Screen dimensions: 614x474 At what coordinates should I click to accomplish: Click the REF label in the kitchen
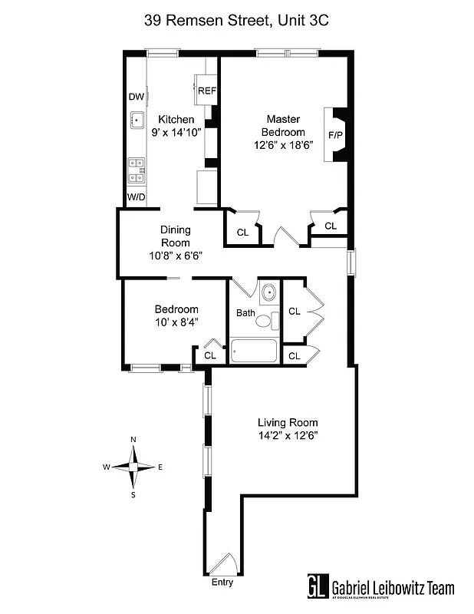click(x=207, y=91)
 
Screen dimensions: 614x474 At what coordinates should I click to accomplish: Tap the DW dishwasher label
click(x=136, y=97)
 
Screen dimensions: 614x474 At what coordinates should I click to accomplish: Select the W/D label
click(x=136, y=197)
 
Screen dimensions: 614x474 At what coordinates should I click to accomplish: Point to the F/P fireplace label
click(x=335, y=135)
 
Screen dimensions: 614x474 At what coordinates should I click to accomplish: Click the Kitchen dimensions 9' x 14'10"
click(x=176, y=133)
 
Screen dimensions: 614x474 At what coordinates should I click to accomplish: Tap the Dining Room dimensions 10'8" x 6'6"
click(x=176, y=256)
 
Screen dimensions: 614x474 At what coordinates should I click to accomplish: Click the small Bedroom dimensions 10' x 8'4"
click(x=176, y=322)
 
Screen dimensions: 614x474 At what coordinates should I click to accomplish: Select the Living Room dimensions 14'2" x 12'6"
click(x=287, y=435)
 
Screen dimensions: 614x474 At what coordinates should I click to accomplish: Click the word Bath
click(x=245, y=312)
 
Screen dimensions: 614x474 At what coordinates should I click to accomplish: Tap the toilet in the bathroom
click(x=265, y=321)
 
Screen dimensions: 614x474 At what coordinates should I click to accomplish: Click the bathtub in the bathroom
click(x=255, y=352)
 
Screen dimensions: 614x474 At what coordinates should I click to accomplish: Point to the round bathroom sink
click(x=268, y=293)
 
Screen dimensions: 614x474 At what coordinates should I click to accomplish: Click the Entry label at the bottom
click(x=222, y=583)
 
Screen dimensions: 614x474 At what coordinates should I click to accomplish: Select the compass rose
click(x=133, y=467)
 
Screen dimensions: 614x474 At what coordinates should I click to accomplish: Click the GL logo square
click(x=318, y=587)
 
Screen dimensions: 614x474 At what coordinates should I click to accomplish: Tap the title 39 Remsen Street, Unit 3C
click(x=236, y=21)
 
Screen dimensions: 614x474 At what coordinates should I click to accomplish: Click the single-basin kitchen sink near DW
click(x=138, y=119)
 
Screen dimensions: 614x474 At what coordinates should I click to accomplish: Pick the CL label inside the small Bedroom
click(x=209, y=355)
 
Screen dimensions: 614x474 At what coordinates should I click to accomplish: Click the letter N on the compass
click(x=133, y=440)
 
